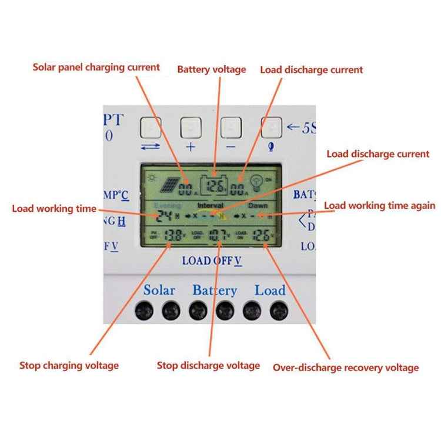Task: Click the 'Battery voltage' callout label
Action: click(x=212, y=69)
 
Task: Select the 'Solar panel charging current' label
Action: click(x=96, y=67)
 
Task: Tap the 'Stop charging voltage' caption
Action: click(x=69, y=365)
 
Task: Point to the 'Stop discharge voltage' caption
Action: click(x=208, y=365)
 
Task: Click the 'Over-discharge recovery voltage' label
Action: click(x=346, y=367)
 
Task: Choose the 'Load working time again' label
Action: click(x=380, y=205)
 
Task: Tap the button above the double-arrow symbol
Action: click(x=151, y=128)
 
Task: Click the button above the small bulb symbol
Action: click(x=271, y=127)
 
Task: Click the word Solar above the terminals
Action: click(x=159, y=290)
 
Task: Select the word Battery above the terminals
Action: click(x=215, y=290)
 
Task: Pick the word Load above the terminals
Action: click(x=270, y=290)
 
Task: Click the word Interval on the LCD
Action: click(x=210, y=206)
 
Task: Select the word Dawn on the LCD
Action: click(x=258, y=206)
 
